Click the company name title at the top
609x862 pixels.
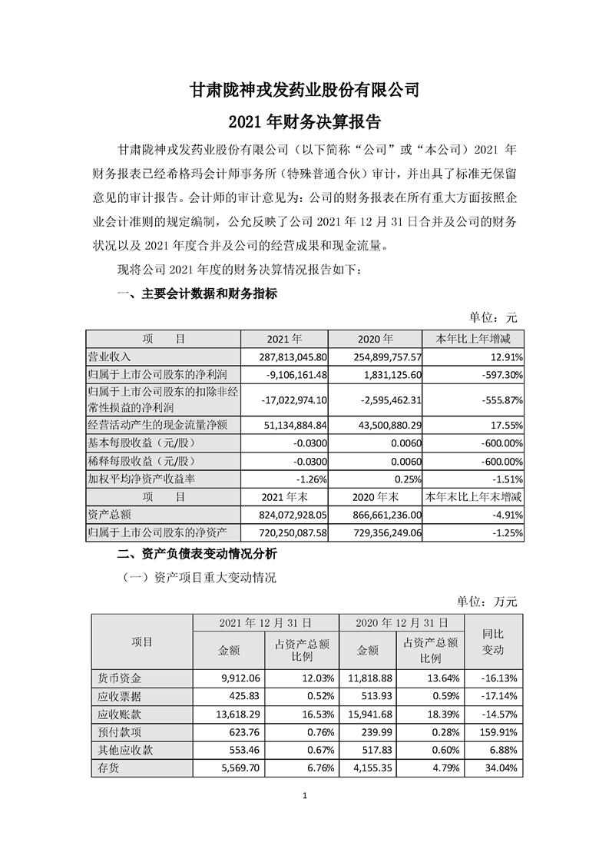(304, 90)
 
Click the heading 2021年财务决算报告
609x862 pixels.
(304, 122)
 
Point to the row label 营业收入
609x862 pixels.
(111, 356)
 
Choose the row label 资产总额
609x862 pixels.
(111, 515)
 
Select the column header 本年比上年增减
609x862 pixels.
(473, 339)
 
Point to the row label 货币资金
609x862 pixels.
(117, 678)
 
